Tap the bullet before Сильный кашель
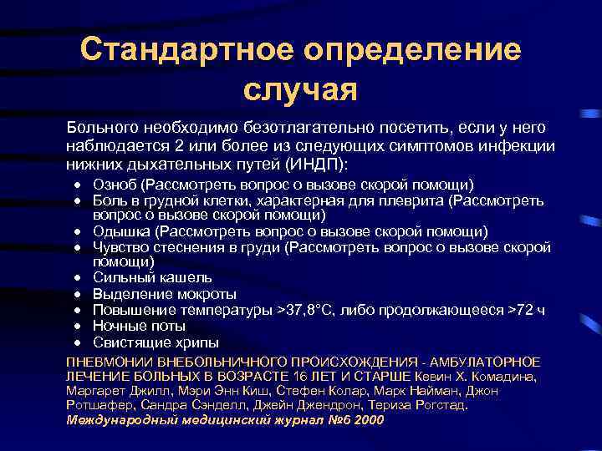[76, 279]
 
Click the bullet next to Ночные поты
[76, 327]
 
